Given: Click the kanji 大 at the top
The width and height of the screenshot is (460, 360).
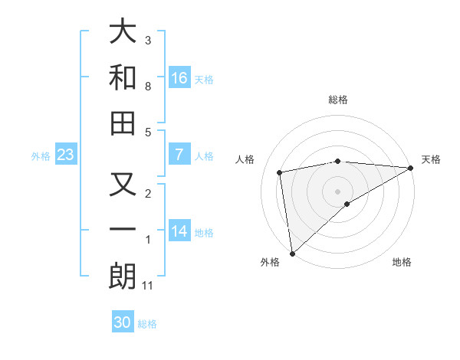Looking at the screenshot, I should click(123, 32).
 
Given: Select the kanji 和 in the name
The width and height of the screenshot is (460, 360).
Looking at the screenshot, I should click(123, 77).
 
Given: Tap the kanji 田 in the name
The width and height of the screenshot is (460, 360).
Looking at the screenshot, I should click(123, 123).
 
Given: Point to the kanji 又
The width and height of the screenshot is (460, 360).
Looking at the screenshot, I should click(123, 186).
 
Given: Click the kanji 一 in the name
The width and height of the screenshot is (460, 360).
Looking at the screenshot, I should click(123, 231).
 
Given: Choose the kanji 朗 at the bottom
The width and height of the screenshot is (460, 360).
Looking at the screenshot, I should click(123, 276).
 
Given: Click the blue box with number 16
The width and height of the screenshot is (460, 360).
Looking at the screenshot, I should click(179, 77).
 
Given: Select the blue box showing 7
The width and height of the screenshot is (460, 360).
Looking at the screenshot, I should click(179, 155).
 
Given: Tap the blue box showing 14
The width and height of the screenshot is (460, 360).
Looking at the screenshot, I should click(179, 231).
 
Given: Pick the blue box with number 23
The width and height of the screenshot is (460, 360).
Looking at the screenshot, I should click(66, 155).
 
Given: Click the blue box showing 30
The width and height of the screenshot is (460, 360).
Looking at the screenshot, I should click(123, 322).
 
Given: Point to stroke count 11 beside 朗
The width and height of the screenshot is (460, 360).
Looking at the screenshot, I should click(148, 286).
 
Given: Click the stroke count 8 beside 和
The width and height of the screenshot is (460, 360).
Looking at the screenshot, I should click(148, 87).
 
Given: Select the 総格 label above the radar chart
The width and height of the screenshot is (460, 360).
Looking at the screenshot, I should click(338, 100).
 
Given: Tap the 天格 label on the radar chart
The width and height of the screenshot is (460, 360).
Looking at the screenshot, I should click(431, 159).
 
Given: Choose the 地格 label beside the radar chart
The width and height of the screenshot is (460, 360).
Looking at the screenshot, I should click(402, 262).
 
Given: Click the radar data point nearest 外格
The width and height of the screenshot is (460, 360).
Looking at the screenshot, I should click(292, 254).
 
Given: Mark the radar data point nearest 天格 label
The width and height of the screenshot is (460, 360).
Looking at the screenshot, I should click(410, 169).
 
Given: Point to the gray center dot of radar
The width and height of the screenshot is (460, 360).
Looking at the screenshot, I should click(338, 191).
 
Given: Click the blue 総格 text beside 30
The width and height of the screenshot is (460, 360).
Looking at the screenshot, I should click(148, 324).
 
